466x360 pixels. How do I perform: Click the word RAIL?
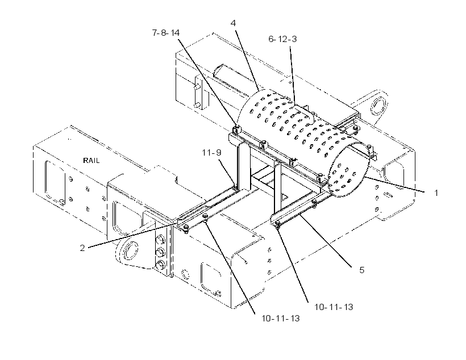click(91, 161)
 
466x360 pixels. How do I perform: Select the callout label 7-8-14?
click(166, 33)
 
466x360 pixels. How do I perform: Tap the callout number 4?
click(234, 23)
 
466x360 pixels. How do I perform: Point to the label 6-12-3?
click(282, 39)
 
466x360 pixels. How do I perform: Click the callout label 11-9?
click(211, 153)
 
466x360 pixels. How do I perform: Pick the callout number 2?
click(82, 248)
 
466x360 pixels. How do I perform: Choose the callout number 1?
click(436, 192)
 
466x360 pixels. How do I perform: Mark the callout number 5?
click(361, 270)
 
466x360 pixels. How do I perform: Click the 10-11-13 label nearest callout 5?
click(334, 307)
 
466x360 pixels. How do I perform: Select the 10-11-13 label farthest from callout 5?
click(281, 319)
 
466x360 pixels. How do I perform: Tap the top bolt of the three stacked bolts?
click(161, 239)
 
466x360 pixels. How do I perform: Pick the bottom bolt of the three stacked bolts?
click(161, 264)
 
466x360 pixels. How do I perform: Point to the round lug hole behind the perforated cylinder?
click(378, 106)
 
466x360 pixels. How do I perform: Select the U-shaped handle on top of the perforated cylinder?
click(303, 114)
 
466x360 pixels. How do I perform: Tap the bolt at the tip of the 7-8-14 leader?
click(236, 129)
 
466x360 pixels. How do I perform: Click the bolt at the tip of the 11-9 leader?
click(235, 187)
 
